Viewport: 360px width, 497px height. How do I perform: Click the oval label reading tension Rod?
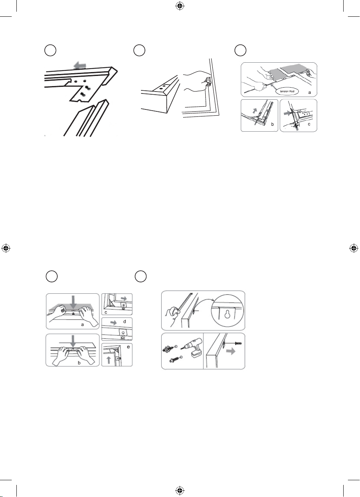(x=287, y=92)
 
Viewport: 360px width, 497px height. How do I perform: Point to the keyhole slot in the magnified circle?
(x=227, y=314)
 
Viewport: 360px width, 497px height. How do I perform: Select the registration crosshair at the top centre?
(x=180, y=6)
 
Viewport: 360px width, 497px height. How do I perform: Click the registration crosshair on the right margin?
(x=353, y=248)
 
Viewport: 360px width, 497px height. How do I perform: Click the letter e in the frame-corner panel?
(x=128, y=347)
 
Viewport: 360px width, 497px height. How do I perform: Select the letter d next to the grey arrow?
(x=125, y=321)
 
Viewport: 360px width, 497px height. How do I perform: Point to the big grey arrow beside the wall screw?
(x=231, y=351)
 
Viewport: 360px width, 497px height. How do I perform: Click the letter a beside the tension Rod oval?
(x=310, y=93)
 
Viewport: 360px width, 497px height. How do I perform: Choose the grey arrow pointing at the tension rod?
(x=274, y=86)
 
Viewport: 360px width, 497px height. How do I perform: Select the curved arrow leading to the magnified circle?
(x=204, y=303)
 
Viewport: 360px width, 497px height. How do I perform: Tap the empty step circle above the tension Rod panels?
(x=241, y=50)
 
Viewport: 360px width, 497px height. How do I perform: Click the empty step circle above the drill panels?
(x=141, y=277)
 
